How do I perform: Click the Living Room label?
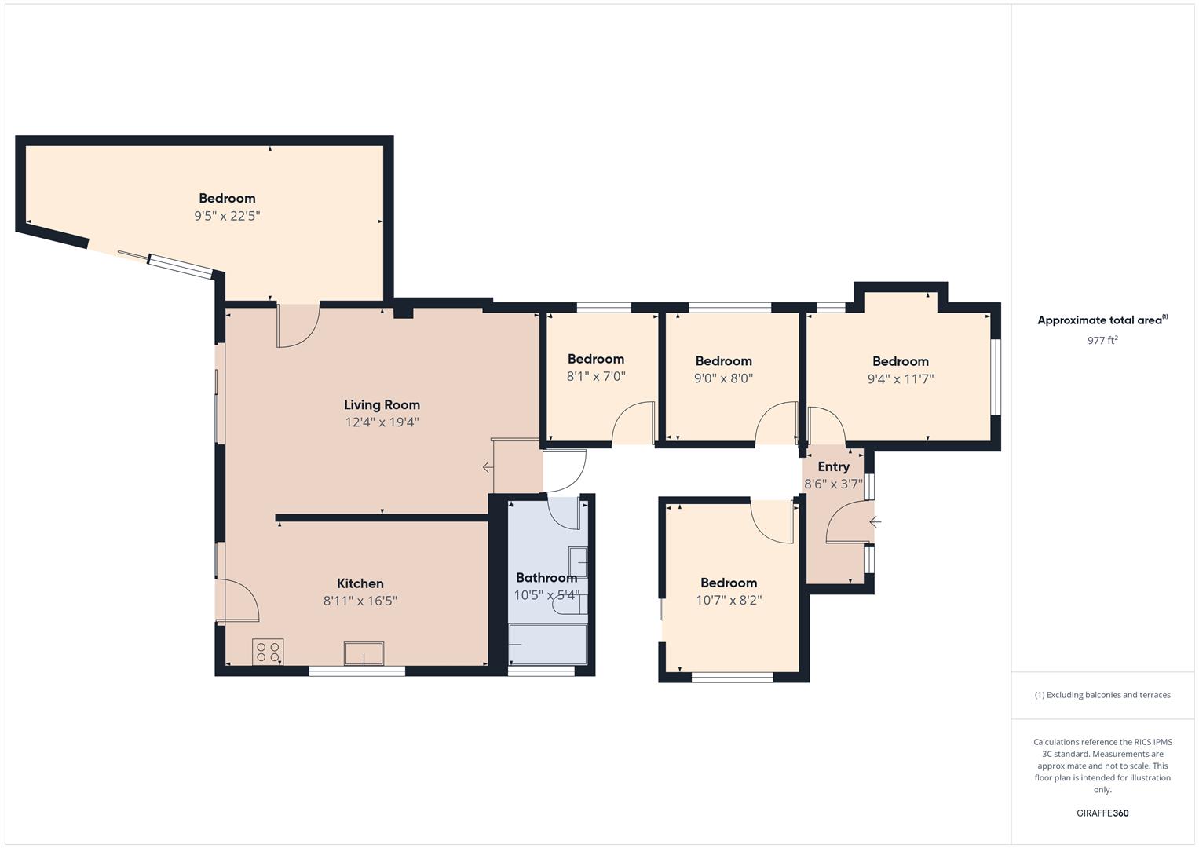[382, 405]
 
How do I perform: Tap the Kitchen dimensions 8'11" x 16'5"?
[360, 601]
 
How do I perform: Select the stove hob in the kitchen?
[268, 652]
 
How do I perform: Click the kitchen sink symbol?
[364, 653]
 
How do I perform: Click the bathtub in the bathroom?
[547, 645]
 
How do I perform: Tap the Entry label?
[833, 467]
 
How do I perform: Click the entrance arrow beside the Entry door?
[875, 522]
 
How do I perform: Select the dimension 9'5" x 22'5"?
[227, 216]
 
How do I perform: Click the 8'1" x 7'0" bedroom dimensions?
[596, 377]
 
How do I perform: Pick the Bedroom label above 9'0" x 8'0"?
[723, 361]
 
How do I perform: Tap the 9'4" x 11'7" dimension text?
[900, 378]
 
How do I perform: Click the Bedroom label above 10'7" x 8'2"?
[729, 583]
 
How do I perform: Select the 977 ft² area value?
[1102, 340]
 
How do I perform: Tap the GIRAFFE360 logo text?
[1102, 813]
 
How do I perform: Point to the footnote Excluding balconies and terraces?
[1102, 695]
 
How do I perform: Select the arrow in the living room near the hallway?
[488, 468]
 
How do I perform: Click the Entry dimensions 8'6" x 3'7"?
[833, 484]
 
